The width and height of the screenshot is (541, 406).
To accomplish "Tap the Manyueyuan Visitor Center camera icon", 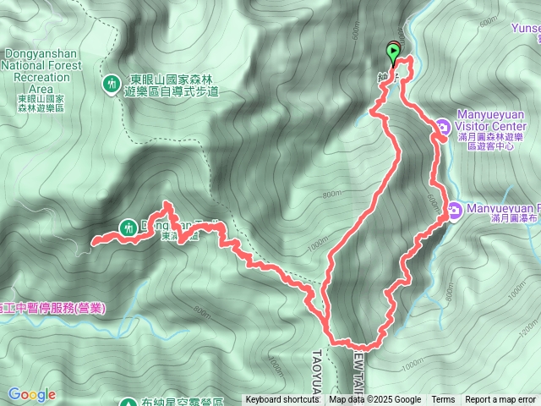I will coord(443,128).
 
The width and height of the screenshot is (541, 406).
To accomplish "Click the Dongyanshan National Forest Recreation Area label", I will coord(43,65).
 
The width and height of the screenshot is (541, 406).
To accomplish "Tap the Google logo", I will coord(32,394).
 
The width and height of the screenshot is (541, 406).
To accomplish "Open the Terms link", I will coord(443,400).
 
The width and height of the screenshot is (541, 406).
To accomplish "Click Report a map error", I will coord(500,400).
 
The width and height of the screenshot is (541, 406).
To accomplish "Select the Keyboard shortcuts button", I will coord(283,400).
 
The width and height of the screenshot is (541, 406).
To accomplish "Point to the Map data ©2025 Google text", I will coord(374,400).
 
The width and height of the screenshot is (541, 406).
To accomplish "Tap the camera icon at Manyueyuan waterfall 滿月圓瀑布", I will coord(455,209).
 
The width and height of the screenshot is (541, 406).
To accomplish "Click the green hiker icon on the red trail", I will coord(128,227).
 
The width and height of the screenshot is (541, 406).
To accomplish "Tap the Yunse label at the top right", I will coord(526,27).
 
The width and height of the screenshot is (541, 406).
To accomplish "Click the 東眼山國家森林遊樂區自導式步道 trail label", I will coord(172,82).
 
